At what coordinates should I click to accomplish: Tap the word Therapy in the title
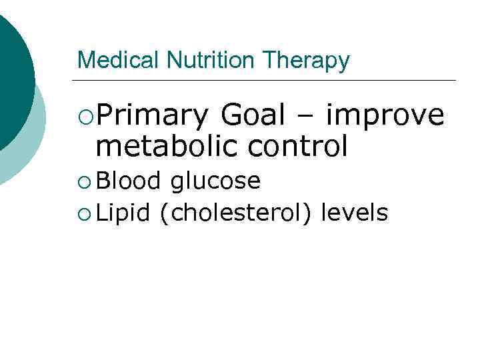[x=306, y=61]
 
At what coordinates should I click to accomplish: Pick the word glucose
[x=215, y=181]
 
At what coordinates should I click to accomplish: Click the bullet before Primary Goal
[x=85, y=117]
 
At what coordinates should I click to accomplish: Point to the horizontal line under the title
[x=267, y=81]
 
